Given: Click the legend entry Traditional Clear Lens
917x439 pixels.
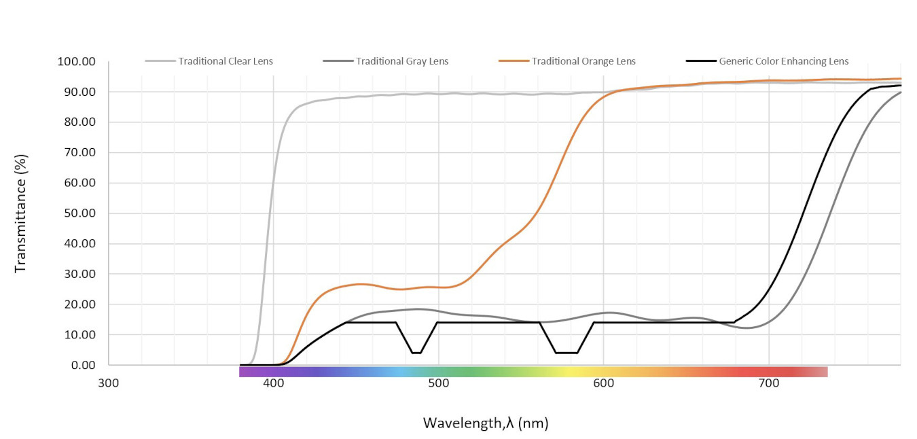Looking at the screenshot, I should click(226, 61).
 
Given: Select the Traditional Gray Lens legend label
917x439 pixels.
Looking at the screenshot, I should click(402, 61).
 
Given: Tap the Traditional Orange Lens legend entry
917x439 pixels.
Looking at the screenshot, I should click(583, 61).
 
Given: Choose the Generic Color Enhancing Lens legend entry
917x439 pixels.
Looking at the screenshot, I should click(784, 61).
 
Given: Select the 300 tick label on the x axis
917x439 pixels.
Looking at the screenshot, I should click(109, 383).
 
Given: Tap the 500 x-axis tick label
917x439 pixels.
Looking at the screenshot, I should click(439, 383).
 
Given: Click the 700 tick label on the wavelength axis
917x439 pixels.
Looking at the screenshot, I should click(769, 383).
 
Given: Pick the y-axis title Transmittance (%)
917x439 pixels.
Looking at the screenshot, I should click(20, 213).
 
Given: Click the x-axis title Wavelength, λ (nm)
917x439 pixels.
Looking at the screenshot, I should click(486, 423).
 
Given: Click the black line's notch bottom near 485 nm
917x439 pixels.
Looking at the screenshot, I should click(416, 353).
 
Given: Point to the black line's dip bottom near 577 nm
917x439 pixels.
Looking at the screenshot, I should click(566, 353).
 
